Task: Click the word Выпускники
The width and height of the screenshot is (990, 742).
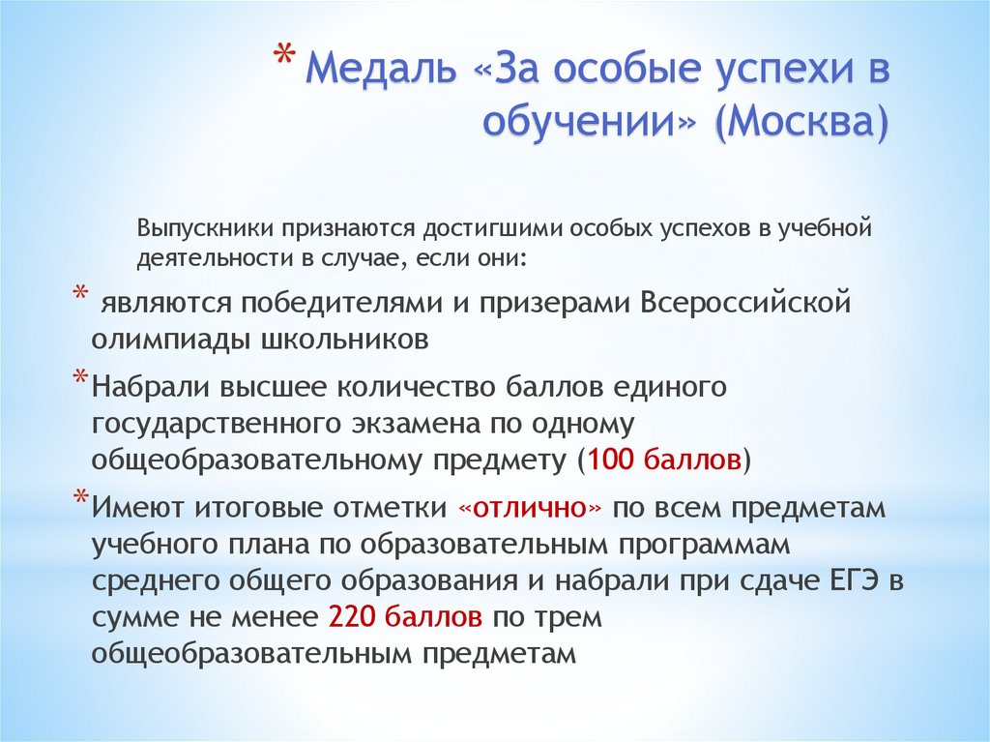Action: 205,229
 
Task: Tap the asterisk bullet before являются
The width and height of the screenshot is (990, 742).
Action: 80,295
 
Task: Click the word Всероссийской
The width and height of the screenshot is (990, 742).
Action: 744,302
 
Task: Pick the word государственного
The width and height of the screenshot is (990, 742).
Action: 207,424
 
